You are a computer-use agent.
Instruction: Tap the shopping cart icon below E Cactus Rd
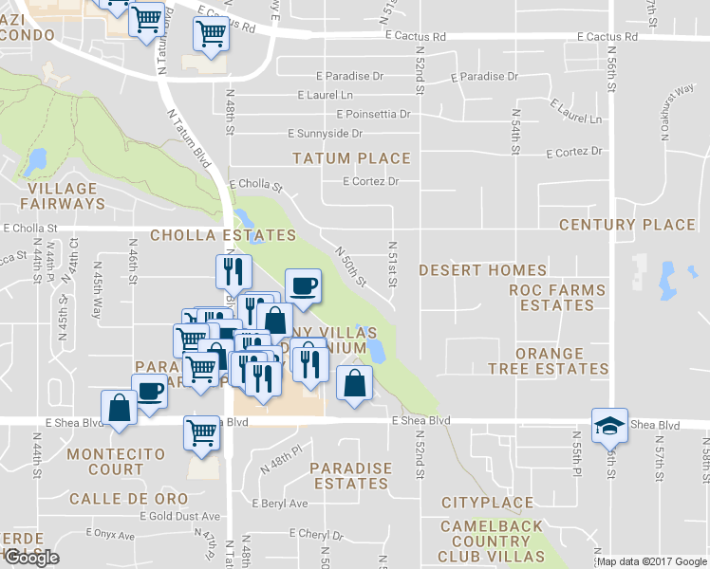(211, 34)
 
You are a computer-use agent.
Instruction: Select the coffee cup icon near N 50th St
(303, 286)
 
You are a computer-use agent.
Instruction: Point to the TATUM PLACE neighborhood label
(351, 158)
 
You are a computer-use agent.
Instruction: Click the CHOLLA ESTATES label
(223, 234)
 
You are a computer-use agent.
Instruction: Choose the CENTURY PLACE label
(627, 225)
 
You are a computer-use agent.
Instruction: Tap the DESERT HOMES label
(483, 270)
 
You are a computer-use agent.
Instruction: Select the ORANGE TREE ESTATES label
(549, 359)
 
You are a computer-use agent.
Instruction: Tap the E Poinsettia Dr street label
(365, 114)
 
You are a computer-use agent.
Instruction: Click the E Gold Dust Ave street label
(179, 517)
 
